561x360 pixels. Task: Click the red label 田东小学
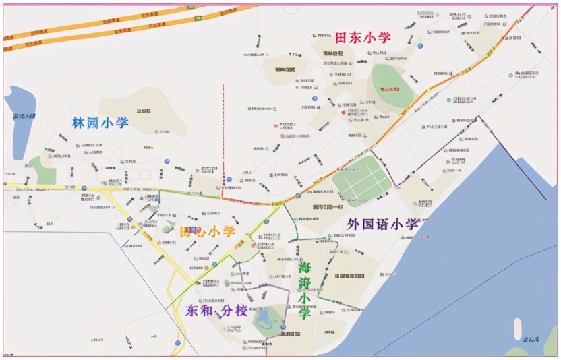363,38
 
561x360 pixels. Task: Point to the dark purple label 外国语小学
383,224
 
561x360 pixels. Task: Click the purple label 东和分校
216,311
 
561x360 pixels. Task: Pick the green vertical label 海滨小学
305,290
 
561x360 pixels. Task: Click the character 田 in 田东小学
343,38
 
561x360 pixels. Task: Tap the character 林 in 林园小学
80,123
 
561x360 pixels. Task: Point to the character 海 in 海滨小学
305,267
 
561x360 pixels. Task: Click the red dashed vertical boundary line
224,135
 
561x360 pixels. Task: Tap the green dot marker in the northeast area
448,100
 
